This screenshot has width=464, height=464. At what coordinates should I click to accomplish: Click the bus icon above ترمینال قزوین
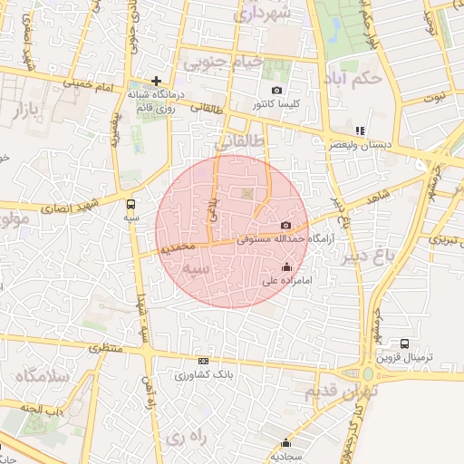coord(404,343)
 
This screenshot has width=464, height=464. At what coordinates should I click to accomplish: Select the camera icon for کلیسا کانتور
coord(277,91)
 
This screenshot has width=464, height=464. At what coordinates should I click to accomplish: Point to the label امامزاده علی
coord(287,281)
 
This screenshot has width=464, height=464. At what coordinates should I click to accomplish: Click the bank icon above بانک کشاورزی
coord(203,361)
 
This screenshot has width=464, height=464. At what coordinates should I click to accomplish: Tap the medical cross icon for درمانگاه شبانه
coord(157,81)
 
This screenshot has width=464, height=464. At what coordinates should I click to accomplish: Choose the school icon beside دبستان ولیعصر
coord(361,130)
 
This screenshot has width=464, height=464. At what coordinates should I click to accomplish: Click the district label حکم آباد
coord(356,79)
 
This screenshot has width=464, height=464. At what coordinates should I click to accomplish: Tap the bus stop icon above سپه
coord(131,204)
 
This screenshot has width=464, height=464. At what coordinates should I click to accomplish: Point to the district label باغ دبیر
coord(370,256)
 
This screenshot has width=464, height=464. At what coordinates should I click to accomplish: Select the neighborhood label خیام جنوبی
coord(222,63)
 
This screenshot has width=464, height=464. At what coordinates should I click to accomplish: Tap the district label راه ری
coord(186,437)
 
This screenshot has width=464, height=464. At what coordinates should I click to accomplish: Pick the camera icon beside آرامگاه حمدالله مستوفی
coord(286,225)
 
